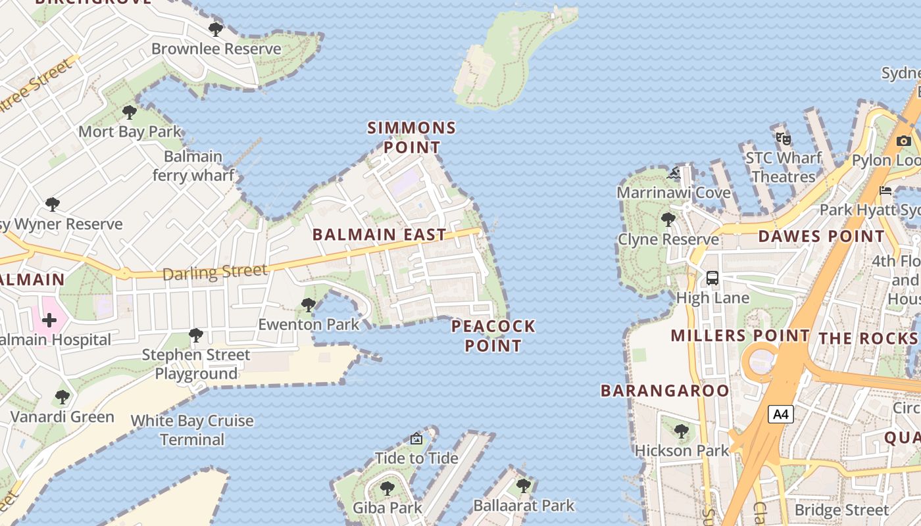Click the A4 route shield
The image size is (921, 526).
point(781,415)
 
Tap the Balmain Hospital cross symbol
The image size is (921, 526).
point(49,321)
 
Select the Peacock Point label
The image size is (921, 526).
point(493,336)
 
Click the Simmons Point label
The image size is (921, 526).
point(412,137)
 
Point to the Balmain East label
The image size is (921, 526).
point(379,235)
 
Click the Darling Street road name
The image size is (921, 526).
point(215,272)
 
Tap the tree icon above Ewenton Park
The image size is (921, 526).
point(308,304)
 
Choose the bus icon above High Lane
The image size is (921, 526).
point(712,278)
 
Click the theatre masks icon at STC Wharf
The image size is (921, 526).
point(782,139)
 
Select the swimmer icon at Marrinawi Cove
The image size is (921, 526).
point(674,174)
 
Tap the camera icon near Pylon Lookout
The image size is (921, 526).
point(904,141)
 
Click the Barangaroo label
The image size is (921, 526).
point(665,391)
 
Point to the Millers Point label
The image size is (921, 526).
point(740,336)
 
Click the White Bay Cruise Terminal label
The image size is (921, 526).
point(192,430)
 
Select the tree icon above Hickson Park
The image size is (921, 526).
point(682,431)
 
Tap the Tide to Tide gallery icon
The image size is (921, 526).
point(416,439)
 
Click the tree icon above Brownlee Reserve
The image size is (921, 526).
point(215,30)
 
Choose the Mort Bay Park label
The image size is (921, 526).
point(130,131)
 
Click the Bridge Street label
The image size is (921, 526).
point(841,510)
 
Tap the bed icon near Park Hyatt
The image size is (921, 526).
point(885,191)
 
